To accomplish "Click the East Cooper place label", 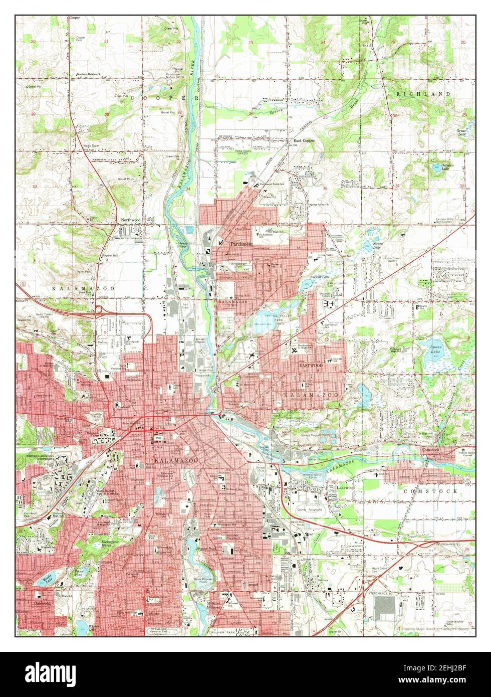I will pos(304,141).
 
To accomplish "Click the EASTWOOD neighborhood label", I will pos(311,366).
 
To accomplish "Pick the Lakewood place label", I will pos(345,487).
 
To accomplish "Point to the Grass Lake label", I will pos(461,133).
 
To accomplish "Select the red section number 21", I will pos(106,41).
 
